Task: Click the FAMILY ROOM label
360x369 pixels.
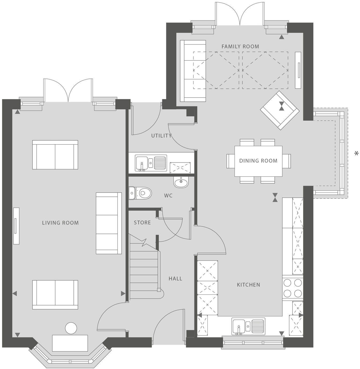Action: (x=240, y=46)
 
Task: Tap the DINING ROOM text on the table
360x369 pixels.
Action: (x=258, y=161)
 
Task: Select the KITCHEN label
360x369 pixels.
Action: (x=248, y=285)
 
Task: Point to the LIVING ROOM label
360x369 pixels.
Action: (x=60, y=223)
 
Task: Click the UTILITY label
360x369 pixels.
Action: (x=161, y=136)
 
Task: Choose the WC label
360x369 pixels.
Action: (x=168, y=195)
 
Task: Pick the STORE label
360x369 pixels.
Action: (x=142, y=223)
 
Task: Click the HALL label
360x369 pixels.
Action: (x=175, y=279)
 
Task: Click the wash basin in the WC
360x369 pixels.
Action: (x=181, y=182)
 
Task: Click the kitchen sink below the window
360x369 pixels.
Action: (x=248, y=326)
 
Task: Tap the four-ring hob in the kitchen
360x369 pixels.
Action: (x=293, y=288)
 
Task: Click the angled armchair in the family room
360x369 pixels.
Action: (x=280, y=110)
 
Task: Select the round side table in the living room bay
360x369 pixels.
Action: (x=71, y=328)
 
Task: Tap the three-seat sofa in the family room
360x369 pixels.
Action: (x=193, y=71)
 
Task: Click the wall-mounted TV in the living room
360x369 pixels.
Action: (x=16, y=226)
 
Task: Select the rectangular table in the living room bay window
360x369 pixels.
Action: (x=70, y=343)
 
